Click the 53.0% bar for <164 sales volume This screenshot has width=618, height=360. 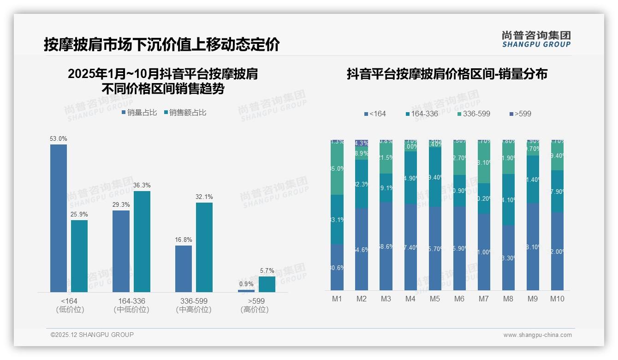point(59,218)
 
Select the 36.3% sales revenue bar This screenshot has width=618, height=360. point(142,241)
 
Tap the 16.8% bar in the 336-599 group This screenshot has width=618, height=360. point(184,269)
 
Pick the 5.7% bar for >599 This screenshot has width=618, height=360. point(267,284)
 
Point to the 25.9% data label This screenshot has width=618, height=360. point(79,215)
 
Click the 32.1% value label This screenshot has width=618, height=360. point(204,197)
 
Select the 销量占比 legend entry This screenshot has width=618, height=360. point(139,113)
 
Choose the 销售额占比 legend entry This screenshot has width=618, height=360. point(185,113)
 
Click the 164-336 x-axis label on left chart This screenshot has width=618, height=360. point(131,301)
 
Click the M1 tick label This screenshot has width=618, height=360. point(337,299)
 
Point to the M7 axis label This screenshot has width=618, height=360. point(483,299)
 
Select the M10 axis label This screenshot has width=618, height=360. point(557,299)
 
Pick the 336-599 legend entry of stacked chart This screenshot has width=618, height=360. point(474,114)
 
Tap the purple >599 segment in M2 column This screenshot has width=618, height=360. point(362,143)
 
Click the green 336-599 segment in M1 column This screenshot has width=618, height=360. point(337,169)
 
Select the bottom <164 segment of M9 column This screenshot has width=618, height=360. point(533,247)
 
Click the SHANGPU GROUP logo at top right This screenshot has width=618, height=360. point(536,39)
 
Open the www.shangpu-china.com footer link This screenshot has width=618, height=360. point(537,335)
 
